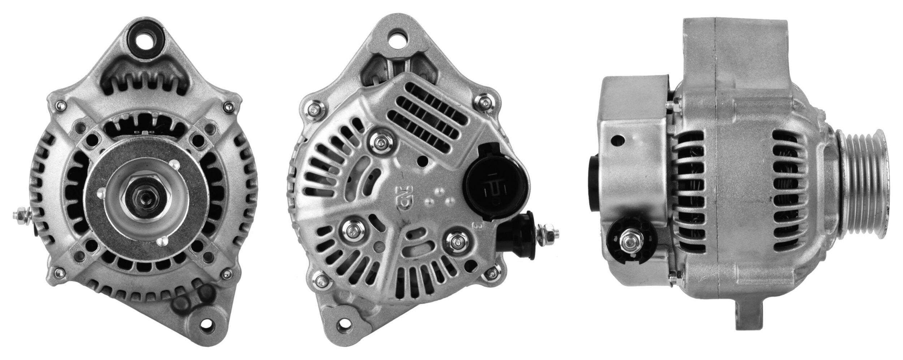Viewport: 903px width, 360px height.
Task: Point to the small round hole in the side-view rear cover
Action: [618, 138]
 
